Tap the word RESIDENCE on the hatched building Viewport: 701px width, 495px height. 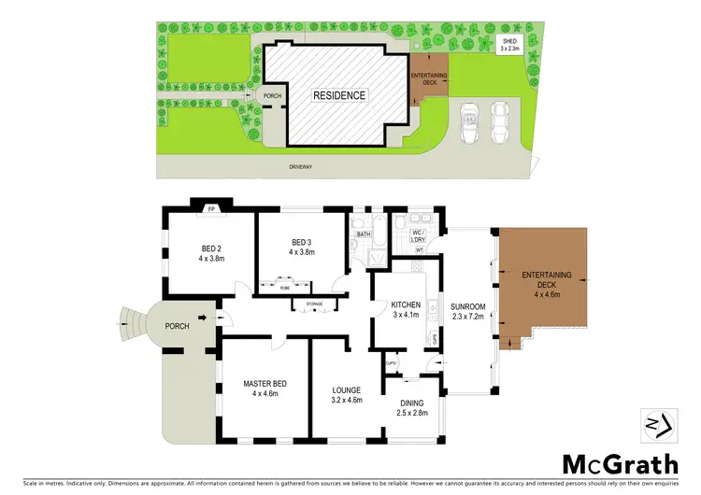339,95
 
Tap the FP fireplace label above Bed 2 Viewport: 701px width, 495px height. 211,209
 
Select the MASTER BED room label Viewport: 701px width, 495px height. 265,388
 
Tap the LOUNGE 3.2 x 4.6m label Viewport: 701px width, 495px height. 347,393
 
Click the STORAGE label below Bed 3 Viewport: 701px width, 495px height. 308,304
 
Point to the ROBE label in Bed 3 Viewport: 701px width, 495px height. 284,288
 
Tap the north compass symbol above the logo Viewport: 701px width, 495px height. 653,423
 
